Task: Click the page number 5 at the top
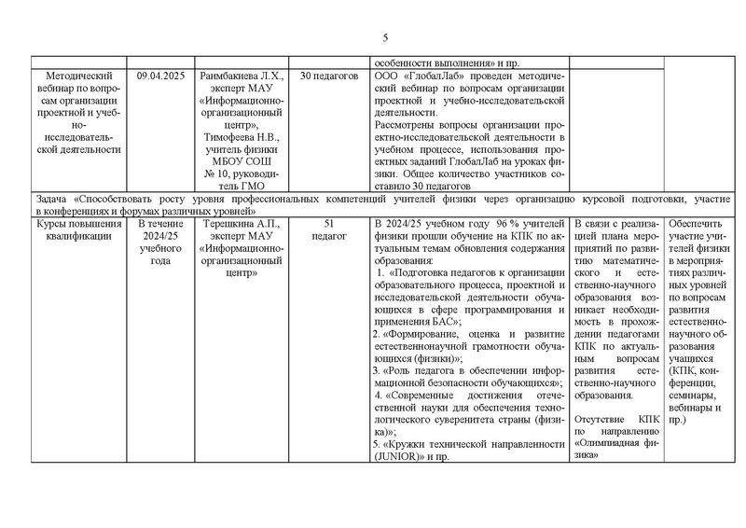point(385,38)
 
